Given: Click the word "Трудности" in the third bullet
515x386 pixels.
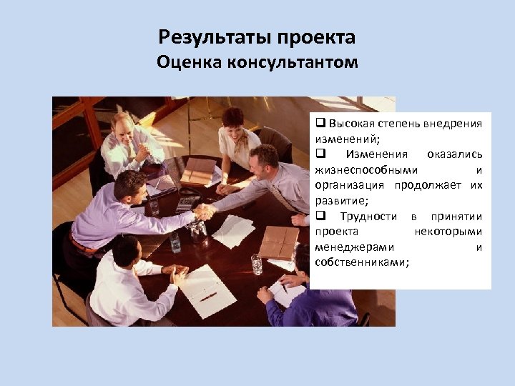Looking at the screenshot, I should tap(368, 217).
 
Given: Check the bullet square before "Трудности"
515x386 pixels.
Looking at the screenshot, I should tap(320, 217).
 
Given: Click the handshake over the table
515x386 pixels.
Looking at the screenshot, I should tap(205, 212).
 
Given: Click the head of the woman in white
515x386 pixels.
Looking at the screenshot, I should tap(233, 119).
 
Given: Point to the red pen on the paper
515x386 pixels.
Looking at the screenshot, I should tap(208, 295).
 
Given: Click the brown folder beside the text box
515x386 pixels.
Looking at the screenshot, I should tap(279, 242).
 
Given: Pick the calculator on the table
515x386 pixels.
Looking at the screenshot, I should tap(187, 203).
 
